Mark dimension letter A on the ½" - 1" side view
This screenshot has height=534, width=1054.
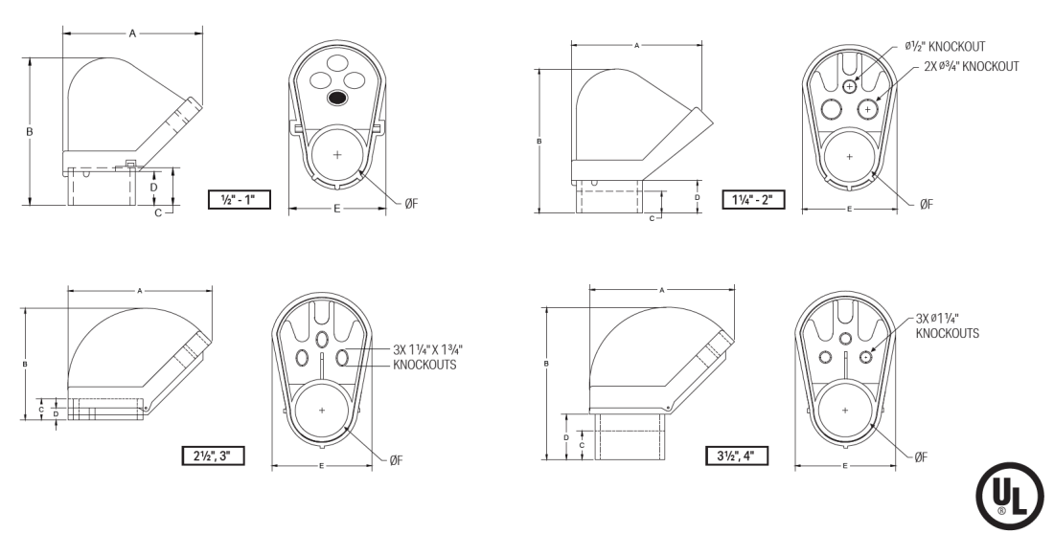click(x=133, y=33)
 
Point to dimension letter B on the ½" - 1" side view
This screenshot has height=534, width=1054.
click(x=30, y=130)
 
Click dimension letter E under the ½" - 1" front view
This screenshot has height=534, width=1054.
click(x=337, y=208)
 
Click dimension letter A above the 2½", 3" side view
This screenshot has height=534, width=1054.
click(x=140, y=288)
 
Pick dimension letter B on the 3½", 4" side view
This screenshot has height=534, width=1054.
click(x=545, y=364)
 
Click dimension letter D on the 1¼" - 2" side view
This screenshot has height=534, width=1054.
click(x=697, y=197)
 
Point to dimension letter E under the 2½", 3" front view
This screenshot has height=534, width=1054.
click(x=321, y=466)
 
